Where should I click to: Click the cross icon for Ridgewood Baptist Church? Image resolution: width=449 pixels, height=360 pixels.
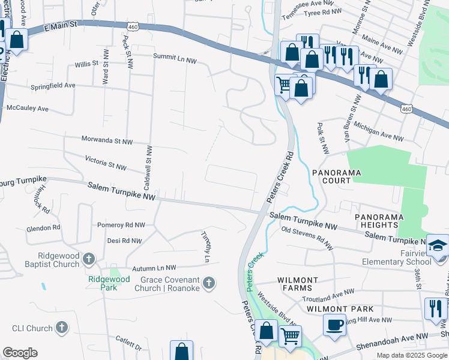89,259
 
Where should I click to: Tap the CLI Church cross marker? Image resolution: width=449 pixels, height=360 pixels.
61,328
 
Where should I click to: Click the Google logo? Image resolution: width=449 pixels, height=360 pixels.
20,353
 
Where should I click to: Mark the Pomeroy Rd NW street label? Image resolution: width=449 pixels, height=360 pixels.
121,225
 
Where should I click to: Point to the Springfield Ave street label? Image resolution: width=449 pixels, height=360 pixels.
53,85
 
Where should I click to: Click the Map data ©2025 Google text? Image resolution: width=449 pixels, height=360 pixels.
411,355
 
